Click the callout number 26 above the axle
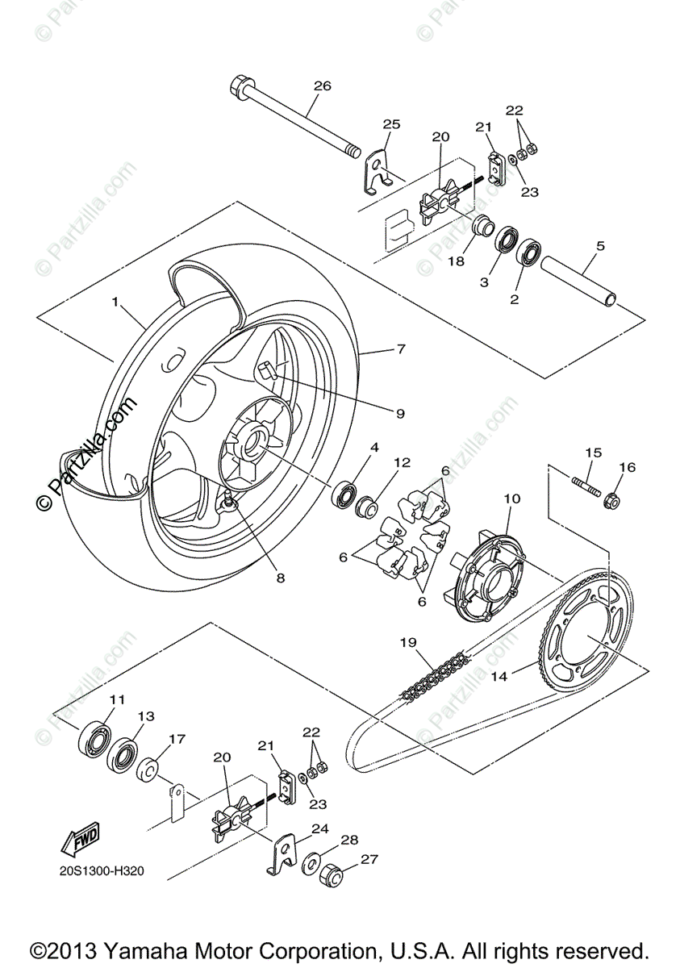[322, 86]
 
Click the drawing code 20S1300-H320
[101, 873]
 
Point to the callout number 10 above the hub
[511, 499]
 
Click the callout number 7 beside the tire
[400, 349]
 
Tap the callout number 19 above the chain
[408, 643]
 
